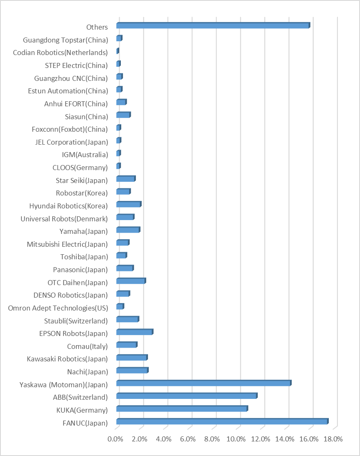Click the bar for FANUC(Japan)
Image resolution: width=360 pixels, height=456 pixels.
point(222,421)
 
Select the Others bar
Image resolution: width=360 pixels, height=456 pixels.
point(213,26)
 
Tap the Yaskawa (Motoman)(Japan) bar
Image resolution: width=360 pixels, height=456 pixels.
point(203,383)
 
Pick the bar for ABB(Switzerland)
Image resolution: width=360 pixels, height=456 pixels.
point(186,396)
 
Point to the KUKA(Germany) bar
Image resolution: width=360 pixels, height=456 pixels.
point(182,408)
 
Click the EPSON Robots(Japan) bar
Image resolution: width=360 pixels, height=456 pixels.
point(135,332)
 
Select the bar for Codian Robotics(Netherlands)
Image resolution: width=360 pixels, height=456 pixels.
point(117,51)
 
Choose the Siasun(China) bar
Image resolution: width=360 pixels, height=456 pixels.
point(123,115)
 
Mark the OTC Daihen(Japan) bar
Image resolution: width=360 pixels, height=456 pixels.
point(131,281)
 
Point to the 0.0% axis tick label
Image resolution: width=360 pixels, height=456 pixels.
point(115,439)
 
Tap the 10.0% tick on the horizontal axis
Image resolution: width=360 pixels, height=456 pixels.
point(237,439)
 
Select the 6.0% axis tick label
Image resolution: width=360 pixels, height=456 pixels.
point(188,439)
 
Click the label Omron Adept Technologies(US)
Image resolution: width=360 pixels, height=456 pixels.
point(58,308)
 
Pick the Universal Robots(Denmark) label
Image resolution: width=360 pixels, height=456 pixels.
point(64,219)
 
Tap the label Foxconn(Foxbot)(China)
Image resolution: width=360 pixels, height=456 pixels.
point(70,129)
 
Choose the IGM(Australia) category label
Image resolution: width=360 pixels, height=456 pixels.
point(85,155)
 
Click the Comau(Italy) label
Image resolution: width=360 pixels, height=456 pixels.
point(87,346)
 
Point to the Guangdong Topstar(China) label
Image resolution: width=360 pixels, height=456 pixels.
point(65,40)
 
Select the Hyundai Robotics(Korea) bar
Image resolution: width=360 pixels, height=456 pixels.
point(129,204)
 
